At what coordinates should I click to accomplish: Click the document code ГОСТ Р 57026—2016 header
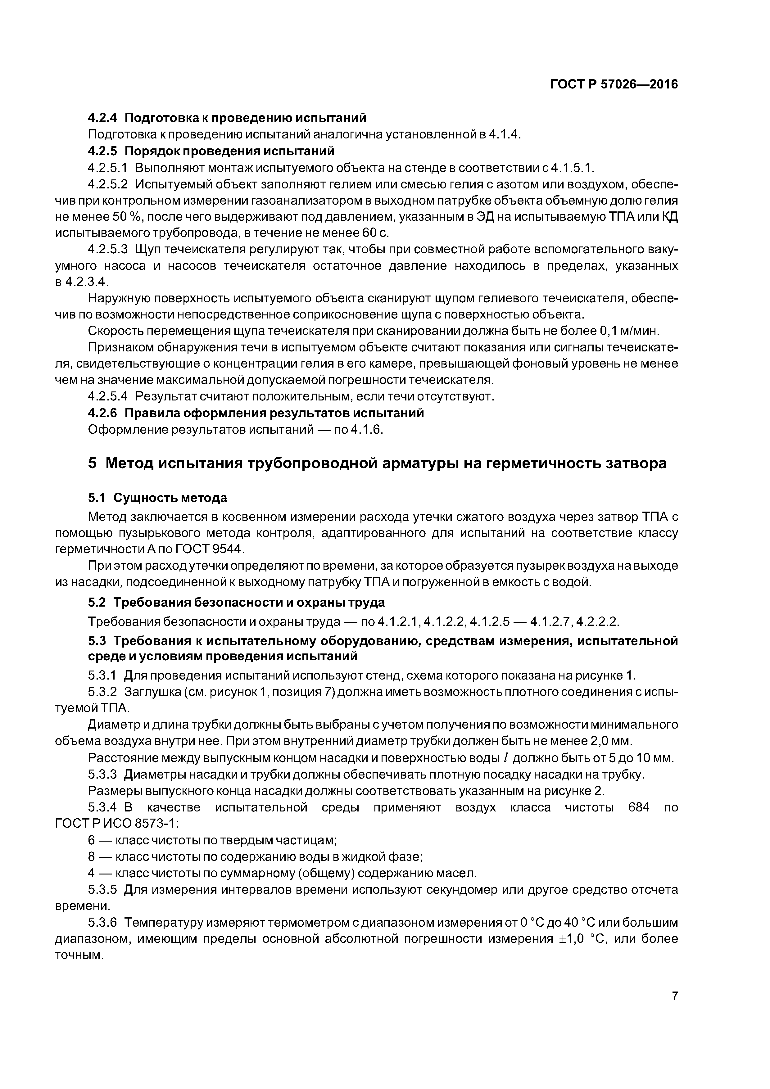click(614, 84)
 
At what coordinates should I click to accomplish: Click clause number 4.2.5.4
click(108, 396)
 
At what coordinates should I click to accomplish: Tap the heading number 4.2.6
click(103, 413)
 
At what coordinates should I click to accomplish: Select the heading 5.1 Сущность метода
click(157, 498)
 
